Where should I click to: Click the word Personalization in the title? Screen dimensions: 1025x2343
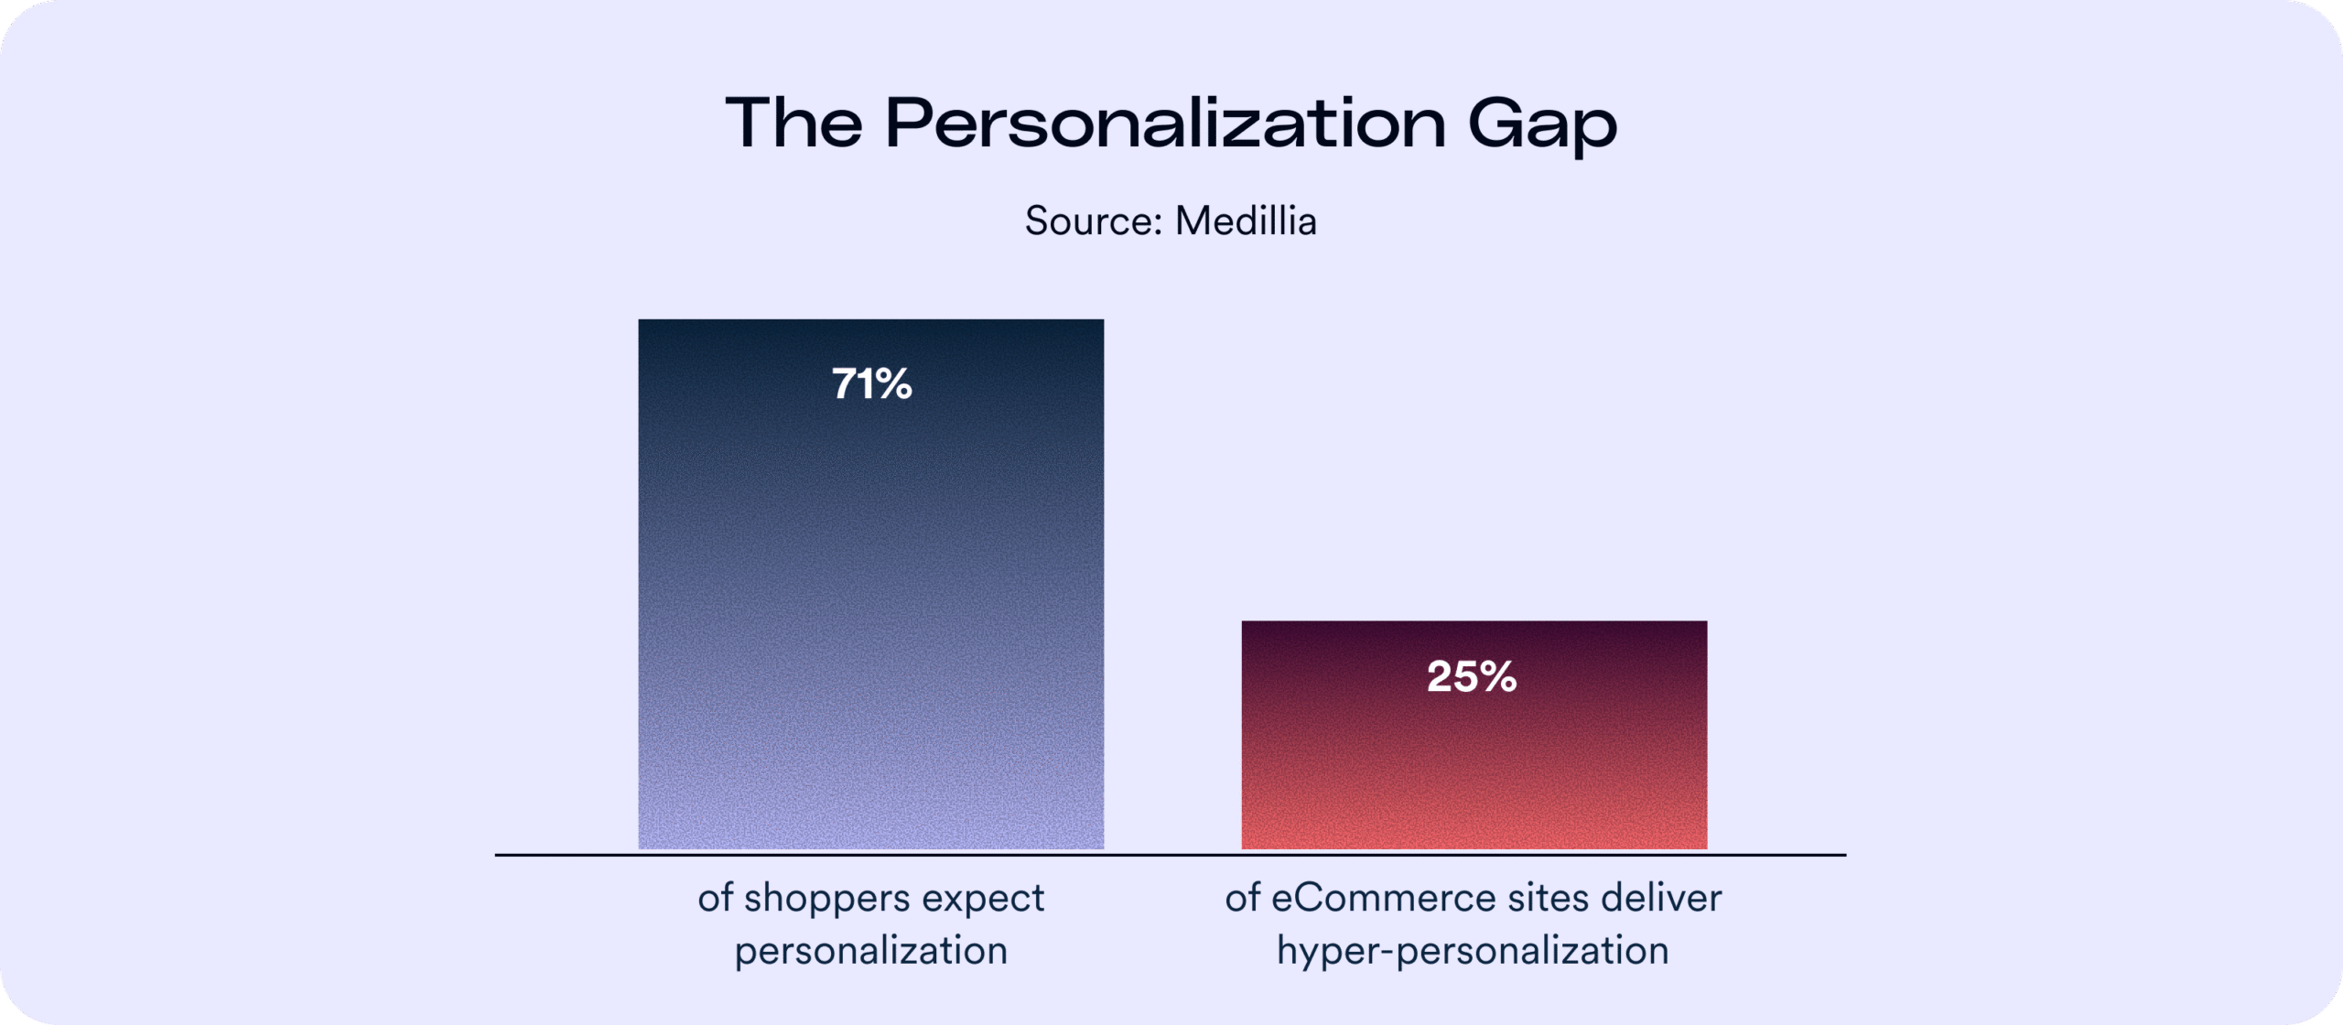coord(1165,124)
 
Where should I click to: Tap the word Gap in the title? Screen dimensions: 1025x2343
coord(1542,124)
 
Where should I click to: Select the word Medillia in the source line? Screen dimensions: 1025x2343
coord(1246,221)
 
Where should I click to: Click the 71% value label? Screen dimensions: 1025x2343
coord(871,383)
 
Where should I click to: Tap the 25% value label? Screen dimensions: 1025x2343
coord(1472,677)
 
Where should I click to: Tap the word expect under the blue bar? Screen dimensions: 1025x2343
coord(983,899)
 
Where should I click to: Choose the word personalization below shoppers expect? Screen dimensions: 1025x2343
coord(870,951)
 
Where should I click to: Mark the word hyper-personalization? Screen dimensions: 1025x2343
coord(1473,951)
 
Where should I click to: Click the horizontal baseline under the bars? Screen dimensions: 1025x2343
coord(1170,855)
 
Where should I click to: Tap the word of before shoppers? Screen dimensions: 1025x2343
coord(716,899)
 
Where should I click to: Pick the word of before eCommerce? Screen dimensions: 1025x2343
coord(1243,899)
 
